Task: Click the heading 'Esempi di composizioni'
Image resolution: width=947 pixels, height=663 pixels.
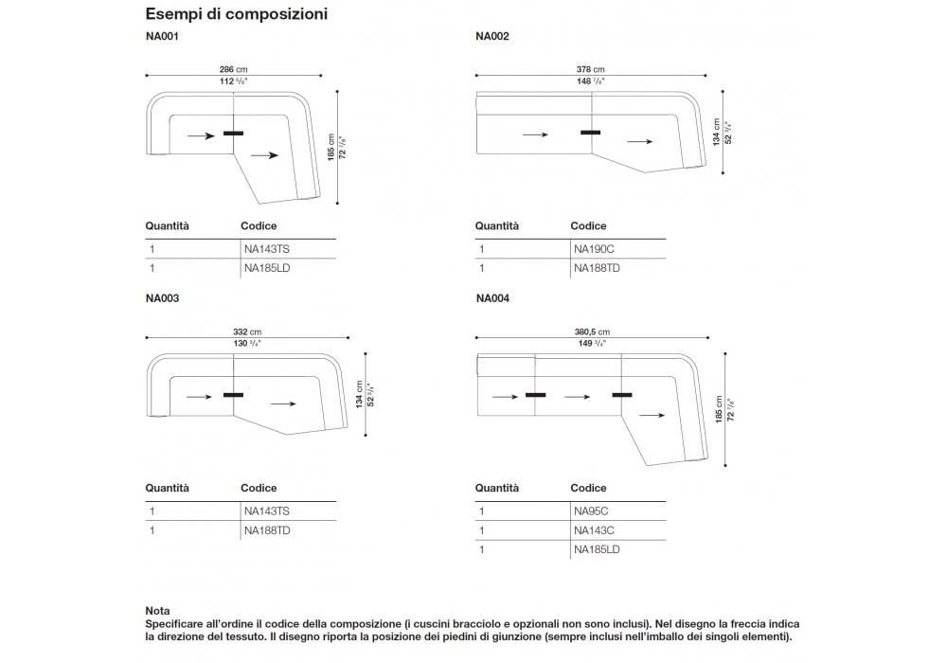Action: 236,15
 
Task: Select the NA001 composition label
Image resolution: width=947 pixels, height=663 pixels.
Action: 162,38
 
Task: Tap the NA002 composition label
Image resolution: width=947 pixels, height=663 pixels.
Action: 492,38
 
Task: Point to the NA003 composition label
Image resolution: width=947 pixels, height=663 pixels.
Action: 162,298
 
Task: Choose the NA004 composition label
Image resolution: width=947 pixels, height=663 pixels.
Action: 492,298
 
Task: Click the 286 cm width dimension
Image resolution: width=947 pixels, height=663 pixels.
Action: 233,70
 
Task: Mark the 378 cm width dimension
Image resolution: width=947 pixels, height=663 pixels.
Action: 590,70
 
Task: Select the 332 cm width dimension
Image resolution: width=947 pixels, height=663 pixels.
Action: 246,331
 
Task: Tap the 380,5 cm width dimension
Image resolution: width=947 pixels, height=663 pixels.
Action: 591,331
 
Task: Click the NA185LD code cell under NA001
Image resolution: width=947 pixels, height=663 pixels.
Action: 266,269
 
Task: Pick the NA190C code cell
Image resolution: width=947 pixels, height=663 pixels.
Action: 594,249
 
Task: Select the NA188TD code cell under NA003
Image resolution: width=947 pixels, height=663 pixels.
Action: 267,531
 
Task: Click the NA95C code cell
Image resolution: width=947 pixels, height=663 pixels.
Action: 591,511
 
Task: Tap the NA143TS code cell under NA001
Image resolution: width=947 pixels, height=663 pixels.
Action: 266,249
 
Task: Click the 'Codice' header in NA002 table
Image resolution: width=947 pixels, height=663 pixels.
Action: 588,226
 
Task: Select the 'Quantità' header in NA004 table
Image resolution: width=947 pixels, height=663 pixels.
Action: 497,489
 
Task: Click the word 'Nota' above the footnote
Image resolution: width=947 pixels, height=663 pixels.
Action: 157,612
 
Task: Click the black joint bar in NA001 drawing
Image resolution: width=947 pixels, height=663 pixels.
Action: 233,133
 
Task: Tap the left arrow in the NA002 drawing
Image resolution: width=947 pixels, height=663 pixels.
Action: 535,134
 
